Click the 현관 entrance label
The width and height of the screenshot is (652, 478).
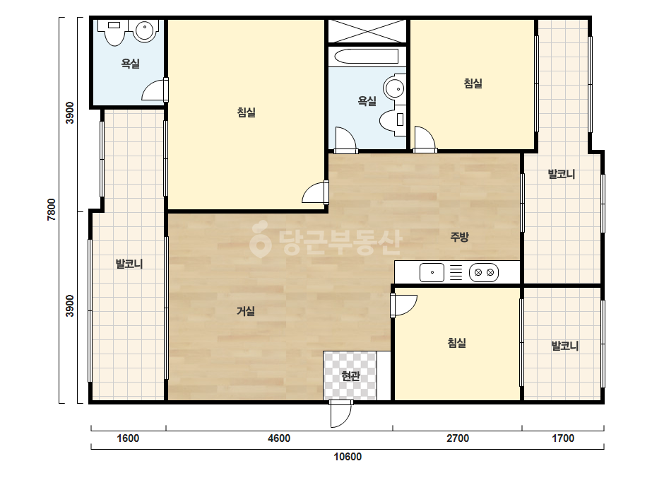350,376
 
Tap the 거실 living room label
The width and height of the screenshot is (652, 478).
246,311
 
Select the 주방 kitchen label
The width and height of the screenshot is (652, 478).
459,236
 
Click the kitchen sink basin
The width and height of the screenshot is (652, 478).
432,273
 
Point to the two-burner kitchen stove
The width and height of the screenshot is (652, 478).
484,273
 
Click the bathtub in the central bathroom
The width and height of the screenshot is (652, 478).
367,57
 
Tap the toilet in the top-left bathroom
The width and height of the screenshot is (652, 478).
114,32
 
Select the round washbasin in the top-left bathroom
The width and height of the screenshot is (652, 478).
144,30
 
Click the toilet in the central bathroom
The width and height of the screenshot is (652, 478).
393,119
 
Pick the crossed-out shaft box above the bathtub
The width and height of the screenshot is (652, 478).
367,30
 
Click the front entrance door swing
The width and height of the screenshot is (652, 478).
341,414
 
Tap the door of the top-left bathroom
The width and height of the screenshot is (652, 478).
155,90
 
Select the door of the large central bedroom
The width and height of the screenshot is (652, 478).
315,192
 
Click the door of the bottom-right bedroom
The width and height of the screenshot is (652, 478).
404,305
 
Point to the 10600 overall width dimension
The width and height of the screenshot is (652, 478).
348,457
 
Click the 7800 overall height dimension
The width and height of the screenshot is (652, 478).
51,209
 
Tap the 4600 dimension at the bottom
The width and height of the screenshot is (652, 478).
279,438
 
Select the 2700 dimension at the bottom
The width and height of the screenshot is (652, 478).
458,438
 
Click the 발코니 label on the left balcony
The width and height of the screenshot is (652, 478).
129,264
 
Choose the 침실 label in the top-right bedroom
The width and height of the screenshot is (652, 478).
473,83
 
